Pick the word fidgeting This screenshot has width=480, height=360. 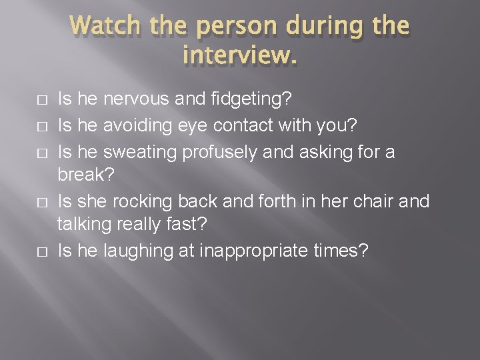251,99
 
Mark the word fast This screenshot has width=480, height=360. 189,224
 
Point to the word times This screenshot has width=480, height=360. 339,251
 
